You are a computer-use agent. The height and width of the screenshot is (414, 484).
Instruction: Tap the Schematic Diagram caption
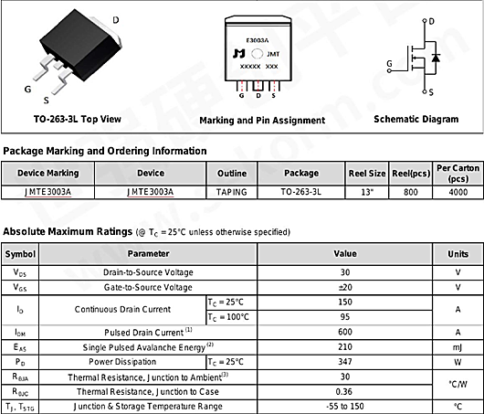(416, 119)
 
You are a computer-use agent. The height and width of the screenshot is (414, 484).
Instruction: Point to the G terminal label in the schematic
(390, 63)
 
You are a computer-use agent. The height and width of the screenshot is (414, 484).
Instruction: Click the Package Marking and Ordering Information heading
(105, 150)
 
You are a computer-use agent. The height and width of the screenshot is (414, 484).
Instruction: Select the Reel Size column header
(366, 173)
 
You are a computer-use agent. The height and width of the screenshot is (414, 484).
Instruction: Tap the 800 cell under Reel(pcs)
(411, 193)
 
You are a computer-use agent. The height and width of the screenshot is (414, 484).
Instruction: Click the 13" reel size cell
(366, 193)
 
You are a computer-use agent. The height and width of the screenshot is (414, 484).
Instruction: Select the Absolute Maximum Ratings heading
(68, 232)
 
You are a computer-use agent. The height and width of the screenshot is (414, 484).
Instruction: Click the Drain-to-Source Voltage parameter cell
(148, 272)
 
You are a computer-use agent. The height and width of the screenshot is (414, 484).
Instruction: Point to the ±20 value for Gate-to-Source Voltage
(344, 287)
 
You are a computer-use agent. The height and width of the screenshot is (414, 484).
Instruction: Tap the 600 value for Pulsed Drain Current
(344, 331)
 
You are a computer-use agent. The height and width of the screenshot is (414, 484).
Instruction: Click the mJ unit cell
(457, 346)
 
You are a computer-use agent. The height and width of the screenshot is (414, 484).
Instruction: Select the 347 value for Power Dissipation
(344, 361)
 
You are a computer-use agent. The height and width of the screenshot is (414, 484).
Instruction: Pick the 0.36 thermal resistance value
(344, 391)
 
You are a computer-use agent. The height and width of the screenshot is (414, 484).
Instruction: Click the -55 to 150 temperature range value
(344, 406)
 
